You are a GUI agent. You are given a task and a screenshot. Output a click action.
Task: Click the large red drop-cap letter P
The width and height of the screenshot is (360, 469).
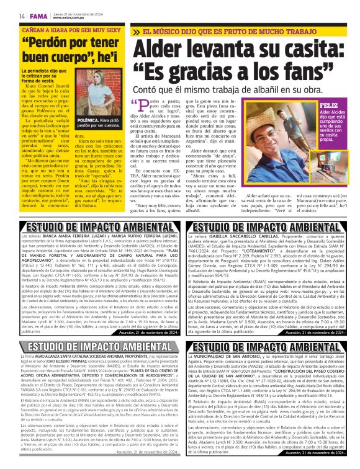(x=143, y=109)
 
